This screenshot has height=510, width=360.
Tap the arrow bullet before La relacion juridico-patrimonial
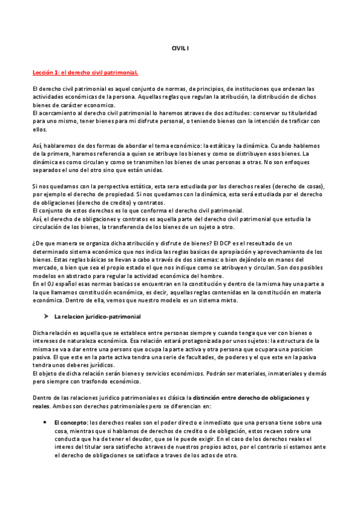coord(45,316)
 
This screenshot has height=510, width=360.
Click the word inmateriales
coord(279,373)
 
